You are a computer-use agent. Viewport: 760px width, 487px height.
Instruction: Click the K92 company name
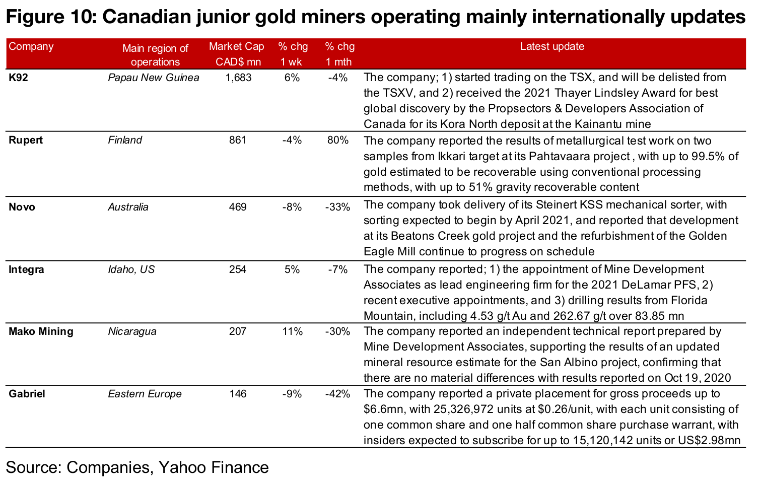pyautogui.click(x=18, y=78)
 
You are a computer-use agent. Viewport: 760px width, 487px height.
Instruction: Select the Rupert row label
pyautogui.click(x=26, y=140)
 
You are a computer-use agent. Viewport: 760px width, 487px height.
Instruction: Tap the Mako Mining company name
pyautogui.click(x=41, y=331)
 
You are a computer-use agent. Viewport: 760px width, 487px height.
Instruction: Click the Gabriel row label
pyautogui.click(x=27, y=394)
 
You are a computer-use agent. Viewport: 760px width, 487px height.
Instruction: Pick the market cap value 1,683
pyautogui.click(x=238, y=78)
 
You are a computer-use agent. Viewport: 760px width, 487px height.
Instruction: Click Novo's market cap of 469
pyautogui.click(x=238, y=207)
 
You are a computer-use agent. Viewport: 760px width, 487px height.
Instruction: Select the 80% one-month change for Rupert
pyautogui.click(x=337, y=140)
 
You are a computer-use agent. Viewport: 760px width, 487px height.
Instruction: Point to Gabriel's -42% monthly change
pyautogui.click(x=337, y=394)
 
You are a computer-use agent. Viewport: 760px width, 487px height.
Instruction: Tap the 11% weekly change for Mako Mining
pyautogui.click(x=292, y=331)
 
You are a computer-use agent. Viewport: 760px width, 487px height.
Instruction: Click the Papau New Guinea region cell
pyautogui.click(x=153, y=78)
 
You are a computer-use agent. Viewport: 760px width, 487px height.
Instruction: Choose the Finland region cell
pyautogui.click(x=125, y=140)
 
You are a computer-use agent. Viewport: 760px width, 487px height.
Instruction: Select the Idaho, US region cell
pyautogui.click(x=131, y=269)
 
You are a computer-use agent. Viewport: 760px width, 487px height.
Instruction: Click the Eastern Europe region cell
pyautogui.click(x=145, y=394)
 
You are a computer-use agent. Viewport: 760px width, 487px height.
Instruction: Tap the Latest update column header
pyautogui.click(x=552, y=46)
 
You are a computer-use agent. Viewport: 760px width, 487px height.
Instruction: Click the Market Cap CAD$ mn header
pyautogui.click(x=237, y=54)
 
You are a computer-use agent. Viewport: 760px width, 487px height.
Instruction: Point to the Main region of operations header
pyautogui.click(x=155, y=55)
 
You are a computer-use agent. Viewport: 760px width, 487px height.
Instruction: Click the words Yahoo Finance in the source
pyautogui.click(x=214, y=467)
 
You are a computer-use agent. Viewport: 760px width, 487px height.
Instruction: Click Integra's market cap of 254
pyautogui.click(x=238, y=269)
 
